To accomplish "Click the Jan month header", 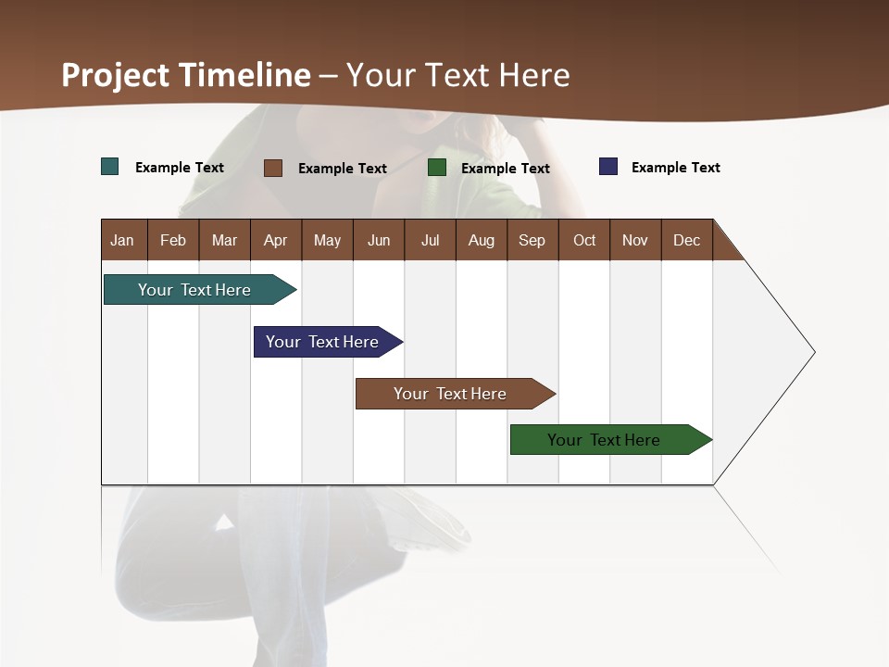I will point(122,240).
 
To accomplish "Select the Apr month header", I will point(275,240).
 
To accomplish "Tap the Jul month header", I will point(430,240).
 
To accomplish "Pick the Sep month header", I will point(532,240).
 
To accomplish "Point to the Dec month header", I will point(686,240).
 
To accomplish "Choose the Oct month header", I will point(584,240).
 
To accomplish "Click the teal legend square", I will point(110,167).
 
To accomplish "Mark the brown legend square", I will point(273,168).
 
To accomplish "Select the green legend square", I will point(437,167).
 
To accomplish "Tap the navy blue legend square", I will point(608,167).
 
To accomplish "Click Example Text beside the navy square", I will point(675,168).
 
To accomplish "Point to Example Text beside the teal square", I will point(180,168).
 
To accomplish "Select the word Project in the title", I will point(115,75).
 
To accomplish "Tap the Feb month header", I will point(173,240).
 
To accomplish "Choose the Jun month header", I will point(379,240).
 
